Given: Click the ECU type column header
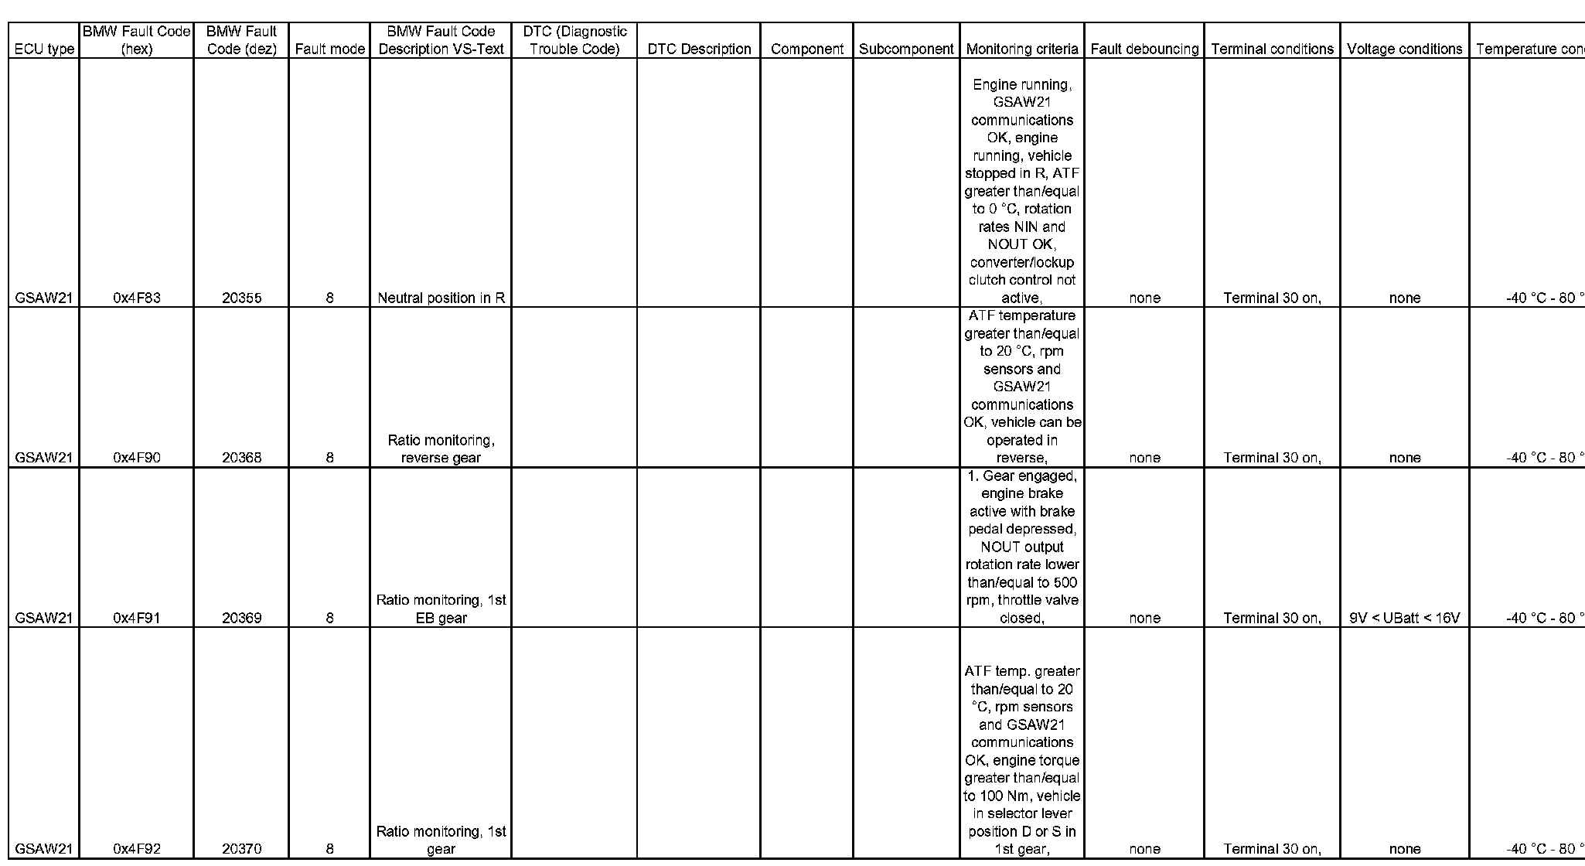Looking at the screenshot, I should point(44,49).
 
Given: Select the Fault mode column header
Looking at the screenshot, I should point(329,49).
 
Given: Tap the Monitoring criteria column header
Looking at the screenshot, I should point(1021,49).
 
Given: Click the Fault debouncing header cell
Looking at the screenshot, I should point(1144,49).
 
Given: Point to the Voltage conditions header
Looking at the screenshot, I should point(1404,49).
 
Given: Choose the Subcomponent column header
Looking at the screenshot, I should point(906,49).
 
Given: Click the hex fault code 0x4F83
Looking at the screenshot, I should point(137,298).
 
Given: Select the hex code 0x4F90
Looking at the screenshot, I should point(137,458).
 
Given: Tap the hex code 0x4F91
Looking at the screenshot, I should point(137,618).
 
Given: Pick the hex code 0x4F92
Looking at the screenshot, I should point(137,848).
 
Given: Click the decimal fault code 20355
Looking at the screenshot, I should point(241,298).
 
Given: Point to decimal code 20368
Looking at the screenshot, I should point(241,458).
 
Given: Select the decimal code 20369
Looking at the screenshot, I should point(241,618).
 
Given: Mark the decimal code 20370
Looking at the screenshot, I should point(241,848).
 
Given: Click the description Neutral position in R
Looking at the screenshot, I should point(441,298).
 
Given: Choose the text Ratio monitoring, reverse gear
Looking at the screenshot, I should point(441,449).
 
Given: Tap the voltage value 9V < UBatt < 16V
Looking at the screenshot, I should point(1404,618).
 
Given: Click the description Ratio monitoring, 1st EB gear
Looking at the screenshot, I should point(441,609).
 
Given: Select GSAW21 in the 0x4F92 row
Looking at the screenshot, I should point(44,848).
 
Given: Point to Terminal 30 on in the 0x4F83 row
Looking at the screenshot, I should point(1272,298).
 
